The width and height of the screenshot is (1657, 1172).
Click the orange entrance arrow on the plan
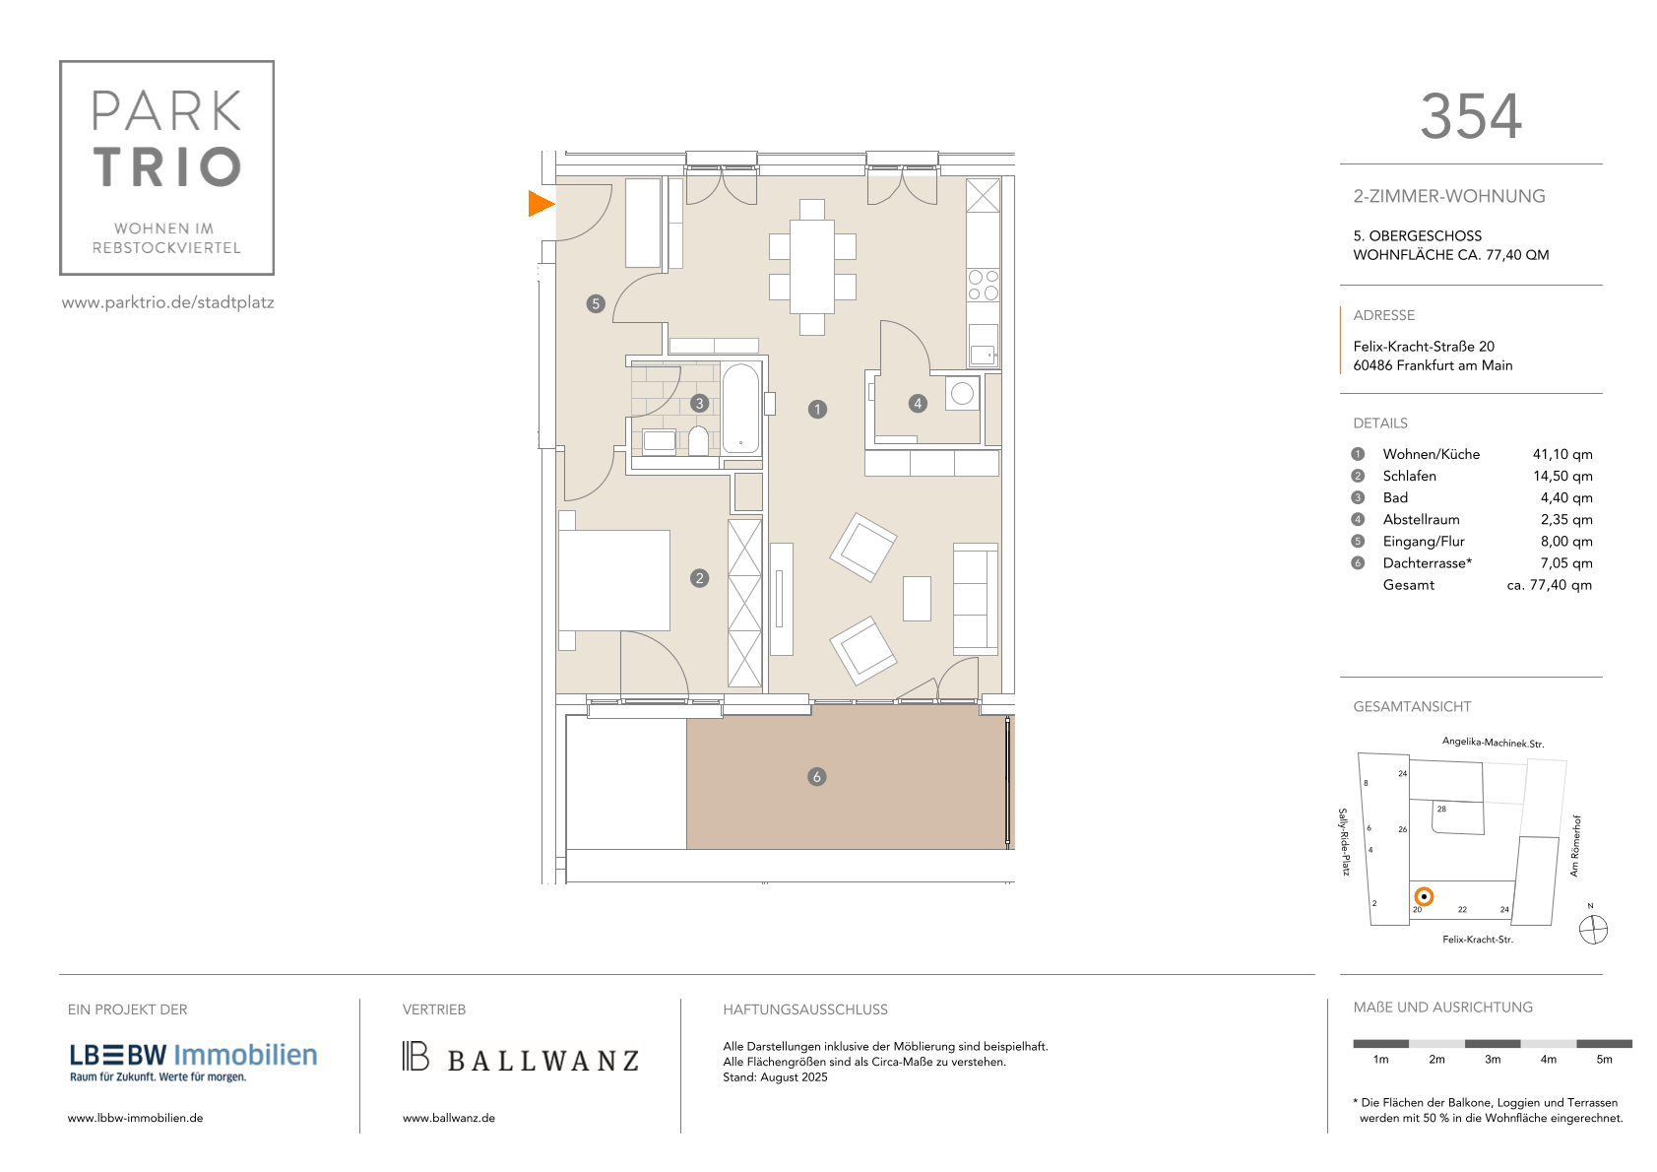coord(540,204)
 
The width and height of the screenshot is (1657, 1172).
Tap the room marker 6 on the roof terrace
coord(816,777)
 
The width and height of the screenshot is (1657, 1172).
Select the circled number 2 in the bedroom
coord(699,578)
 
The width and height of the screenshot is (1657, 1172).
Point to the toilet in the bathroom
coord(699,440)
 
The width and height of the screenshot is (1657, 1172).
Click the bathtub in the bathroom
coord(740,408)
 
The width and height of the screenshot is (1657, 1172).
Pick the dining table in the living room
coord(811,267)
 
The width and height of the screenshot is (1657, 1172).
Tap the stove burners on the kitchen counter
coord(984,285)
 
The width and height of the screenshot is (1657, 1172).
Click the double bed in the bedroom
coord(614,580)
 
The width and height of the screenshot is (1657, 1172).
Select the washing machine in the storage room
coord(962,393)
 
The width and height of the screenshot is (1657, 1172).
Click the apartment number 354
coord(1471,116)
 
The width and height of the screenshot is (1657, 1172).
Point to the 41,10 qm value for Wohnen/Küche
coord(1562,454)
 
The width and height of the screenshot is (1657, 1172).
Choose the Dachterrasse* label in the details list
coord(1427,563)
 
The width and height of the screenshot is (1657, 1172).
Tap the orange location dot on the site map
coord(1424,897)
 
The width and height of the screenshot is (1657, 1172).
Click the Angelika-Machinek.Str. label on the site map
coord(1493,743)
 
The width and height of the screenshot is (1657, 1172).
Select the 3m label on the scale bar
coord(1493,1060)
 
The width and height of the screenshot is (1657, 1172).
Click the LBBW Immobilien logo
coord(193,1062)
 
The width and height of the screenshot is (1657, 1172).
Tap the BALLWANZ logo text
coord(542,1061)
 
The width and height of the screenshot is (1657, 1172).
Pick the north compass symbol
coord(1593,930)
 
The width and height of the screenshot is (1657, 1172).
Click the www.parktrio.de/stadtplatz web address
coord(168,302)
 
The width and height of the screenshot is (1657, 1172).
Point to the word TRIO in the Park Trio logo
coord(167,166)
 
